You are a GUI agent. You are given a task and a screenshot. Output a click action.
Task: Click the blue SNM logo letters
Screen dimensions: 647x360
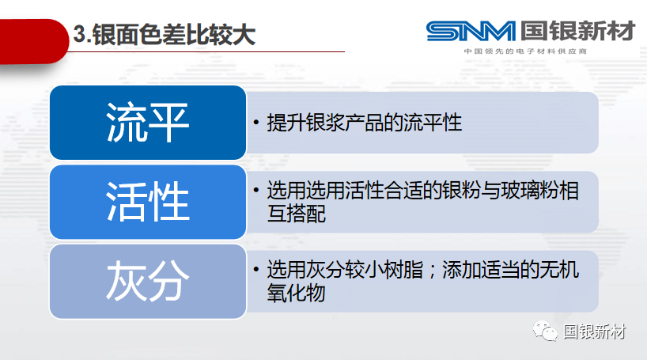(471, 32)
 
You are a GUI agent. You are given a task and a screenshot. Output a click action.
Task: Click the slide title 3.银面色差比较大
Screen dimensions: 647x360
(165, 34)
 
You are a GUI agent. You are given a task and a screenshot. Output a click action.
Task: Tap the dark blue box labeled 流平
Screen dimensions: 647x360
(148, 123)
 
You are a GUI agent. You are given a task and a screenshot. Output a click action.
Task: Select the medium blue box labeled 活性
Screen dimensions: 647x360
(148, 202)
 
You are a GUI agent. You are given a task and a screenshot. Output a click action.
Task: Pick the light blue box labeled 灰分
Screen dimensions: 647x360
(148, 281)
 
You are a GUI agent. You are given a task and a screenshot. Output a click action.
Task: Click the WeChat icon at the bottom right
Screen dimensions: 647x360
(545, 331)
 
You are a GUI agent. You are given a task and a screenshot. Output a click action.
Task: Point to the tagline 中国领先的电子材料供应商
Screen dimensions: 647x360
(525, 51)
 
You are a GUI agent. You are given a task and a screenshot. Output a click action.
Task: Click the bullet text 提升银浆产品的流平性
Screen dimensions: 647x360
(365, 123)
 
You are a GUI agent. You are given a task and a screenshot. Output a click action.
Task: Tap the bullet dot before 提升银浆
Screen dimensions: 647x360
(256, 122)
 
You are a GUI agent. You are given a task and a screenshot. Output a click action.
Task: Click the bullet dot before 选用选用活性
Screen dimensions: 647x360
(256, 190)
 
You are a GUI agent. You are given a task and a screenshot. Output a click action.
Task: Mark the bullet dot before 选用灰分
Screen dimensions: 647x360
(256, 269)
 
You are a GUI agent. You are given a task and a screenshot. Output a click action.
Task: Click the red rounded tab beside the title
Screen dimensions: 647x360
(34, 41)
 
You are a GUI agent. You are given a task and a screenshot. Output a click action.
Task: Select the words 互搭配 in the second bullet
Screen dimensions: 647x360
(297, 214)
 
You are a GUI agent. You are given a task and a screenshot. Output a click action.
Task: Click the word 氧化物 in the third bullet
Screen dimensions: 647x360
(297, 293)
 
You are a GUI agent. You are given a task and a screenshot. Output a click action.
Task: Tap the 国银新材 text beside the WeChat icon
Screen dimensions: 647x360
(595, 332)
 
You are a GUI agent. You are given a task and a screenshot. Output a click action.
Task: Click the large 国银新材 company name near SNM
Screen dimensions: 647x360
(577, 31)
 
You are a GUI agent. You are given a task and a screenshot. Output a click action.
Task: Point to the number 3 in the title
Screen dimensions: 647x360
(79, 34)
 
